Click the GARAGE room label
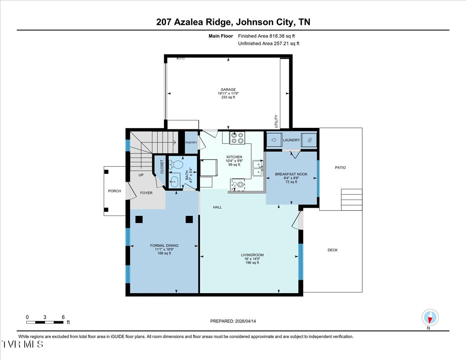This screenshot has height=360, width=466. pyautogui.click(x=228, y=89)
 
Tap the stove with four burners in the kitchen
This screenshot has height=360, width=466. pyautogui.click(x=237, y=138)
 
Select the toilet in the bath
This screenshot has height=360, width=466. pyautogui.click(x=176, y=165)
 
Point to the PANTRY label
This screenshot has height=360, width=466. pyautogui.click(x=191, y=143)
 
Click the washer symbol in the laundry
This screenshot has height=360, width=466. pyautogui.click(x=274, y=140)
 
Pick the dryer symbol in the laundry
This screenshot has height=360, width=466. pyautogui.click(x=309, y=140)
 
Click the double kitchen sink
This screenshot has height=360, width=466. pyautogui.click(x=258, y=168)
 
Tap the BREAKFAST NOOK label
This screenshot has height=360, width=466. pyautogui.click(x=291, y=174)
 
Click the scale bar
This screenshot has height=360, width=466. pyautogui.click(x=45, y=322)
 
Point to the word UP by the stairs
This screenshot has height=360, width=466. pyautogui.click(x=141, y=175)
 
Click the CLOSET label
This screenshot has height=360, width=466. pyautogui.click(x=162, y=167)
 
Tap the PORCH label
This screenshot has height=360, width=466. pyautogui.click(x=115, y=191)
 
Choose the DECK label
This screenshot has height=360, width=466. pyautogui.click(x=333, y=250)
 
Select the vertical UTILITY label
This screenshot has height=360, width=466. pyautogui.click(x=276, y=121)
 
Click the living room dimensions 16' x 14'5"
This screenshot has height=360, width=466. pyautogui.click(x=252, y=259)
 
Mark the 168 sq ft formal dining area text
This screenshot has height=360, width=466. pyautogui.click(x=164, y=253)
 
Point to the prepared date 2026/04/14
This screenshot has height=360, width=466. pyautogui.click(x=245, y=321)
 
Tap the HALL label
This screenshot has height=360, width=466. pyautogui.click(x=217, y=207)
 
